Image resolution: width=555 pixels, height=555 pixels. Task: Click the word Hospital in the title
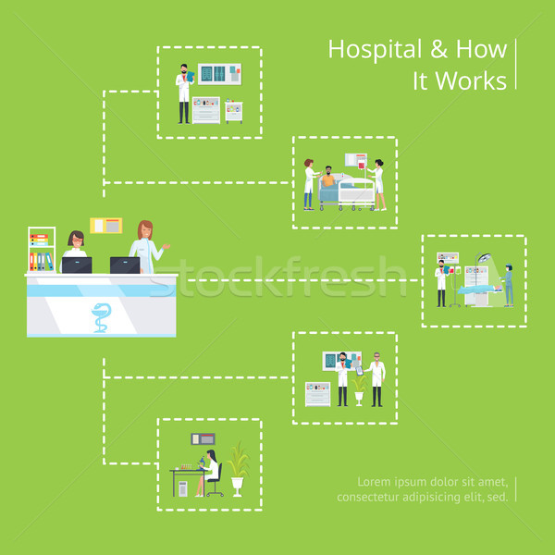[x=376, y=51]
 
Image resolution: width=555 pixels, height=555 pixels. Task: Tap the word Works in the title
[x=471, y=81]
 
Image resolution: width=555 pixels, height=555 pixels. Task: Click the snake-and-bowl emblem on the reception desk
[x=101, y=317]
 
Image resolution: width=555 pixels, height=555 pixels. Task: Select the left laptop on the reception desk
[x=77, y=265]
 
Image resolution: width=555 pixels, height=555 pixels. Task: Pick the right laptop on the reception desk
[x=125, y=265]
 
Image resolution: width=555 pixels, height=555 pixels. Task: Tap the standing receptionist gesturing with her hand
[x=147, y=246]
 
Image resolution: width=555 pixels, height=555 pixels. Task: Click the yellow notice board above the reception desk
[x=105, y=226]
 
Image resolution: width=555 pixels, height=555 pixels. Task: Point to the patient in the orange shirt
[x=328, y=177]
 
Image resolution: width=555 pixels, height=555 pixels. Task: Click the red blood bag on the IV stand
[x=361, y=165]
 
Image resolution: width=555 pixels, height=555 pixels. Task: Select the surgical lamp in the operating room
[x=484, y=258]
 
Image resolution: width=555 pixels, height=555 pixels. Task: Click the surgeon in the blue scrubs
[x=508, y=285]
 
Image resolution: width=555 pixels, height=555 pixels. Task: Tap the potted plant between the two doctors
[x=359, y=389]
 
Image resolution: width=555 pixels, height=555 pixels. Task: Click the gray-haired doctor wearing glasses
[x=376, y=379]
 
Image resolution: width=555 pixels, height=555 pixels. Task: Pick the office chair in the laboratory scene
[x=216, y=479]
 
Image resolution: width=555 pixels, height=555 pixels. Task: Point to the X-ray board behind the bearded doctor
[x=219, y=74]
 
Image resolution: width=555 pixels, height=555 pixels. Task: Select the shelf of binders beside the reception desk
[x=42, y=249]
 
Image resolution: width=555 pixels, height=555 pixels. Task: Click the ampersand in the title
[x=438, y=49]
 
